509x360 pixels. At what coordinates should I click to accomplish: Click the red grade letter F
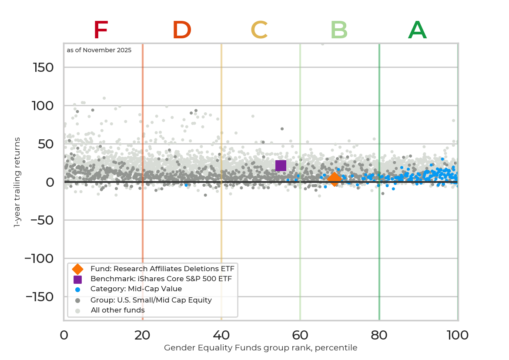[x=100, y=30]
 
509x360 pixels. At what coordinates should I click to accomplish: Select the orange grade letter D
[x=182, y=30]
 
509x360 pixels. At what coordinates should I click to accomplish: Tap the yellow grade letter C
[x=259, y=30]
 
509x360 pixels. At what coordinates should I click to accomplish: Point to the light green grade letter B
[x=339, y=30]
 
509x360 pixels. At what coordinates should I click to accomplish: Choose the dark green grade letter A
[x=417, y=30]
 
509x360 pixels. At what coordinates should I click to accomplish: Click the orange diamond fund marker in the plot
[x=334, y=178]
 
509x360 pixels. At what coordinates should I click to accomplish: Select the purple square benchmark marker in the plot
[x=281, y=165]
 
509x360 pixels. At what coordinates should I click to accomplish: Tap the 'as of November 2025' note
[x=99, y=50]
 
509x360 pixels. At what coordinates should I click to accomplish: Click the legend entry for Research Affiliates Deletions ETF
[x=162, y=269]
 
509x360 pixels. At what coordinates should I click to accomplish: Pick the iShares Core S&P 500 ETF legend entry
[x=161, y=279]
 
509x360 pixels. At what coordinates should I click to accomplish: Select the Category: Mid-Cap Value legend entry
[x=136, y=289]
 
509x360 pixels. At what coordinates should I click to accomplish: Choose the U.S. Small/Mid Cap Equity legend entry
[x=151, y=300]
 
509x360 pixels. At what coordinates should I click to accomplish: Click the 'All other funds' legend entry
[x=117, y=310]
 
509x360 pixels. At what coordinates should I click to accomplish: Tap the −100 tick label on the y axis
[x=39, y=259]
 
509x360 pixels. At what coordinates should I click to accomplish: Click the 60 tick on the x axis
[x=300, y=335]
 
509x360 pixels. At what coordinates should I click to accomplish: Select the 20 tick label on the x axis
[x=143, y=335]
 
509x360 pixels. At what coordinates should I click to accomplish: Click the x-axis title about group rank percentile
[x=261, y=348]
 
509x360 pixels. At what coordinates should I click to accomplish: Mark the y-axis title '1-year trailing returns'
[x=17, y=182]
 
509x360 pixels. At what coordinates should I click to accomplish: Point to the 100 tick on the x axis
[x=458, y=335]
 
